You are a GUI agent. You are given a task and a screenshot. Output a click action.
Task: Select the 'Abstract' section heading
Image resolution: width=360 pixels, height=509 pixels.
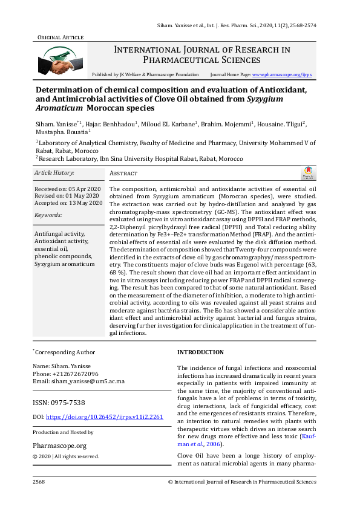click(x=123, y=173)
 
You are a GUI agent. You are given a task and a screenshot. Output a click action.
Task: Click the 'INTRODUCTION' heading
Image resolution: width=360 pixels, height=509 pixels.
click(x=200, y=352)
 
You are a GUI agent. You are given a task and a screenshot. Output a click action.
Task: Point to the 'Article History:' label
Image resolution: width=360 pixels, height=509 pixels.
click(x=54, y=172)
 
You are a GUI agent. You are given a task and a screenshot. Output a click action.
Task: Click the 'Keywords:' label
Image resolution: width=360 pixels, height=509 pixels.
click(x=49, y=215)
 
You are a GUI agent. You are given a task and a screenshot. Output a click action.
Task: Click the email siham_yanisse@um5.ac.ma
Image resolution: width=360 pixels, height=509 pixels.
click(x=87, y=381)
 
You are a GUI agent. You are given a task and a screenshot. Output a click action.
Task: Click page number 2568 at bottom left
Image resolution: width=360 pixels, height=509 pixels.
click(x=39, y=482)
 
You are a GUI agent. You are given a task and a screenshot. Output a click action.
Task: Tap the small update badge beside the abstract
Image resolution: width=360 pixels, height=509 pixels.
click(x=308, y=173)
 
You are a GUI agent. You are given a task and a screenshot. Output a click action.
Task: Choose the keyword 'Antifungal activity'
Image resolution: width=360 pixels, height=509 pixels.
click(x=59, y=233)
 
